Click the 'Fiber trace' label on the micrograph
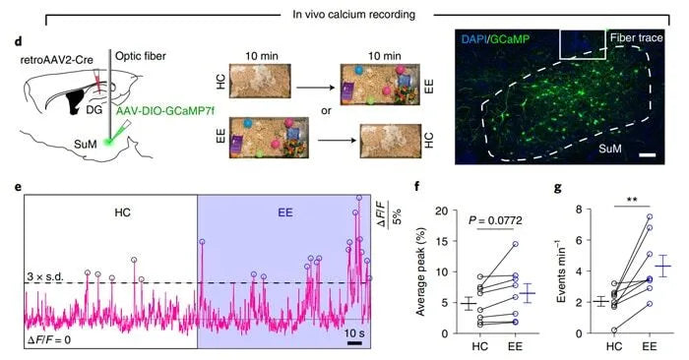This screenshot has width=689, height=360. tap(637, 46)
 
